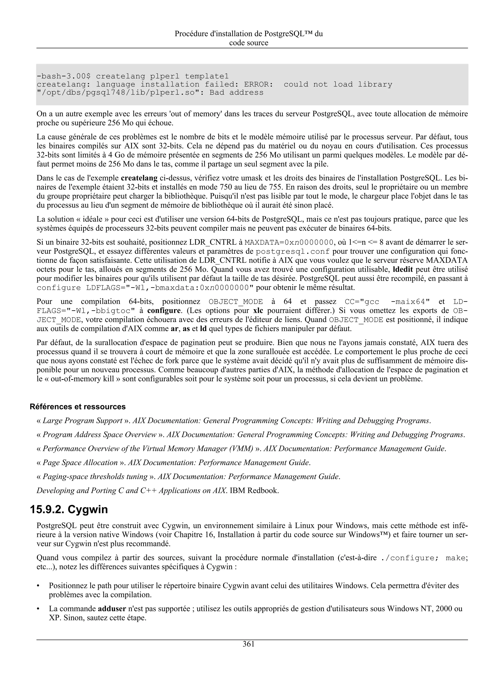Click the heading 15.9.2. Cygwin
[x=69, y=510]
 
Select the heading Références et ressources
[x=78, y=407]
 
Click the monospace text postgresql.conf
[x=293, y=252]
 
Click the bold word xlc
[x=258, y=311]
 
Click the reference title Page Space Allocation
[x=80, y=462]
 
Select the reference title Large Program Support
[x=82, y=420]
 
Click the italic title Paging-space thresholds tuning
[x=95, y=477]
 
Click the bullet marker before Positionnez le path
[x=38, y=586]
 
